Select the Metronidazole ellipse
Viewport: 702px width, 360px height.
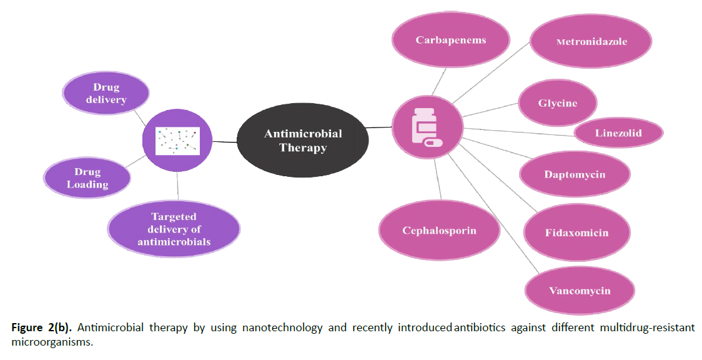(x=591, y=42)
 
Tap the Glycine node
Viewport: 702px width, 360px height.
(x=557, y=102)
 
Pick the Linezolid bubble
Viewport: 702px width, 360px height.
(x=618, y=132)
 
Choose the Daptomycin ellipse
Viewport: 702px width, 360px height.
(x=574, y=174)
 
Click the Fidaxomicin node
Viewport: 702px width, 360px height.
(x=576, y=232)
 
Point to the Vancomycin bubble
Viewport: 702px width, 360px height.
(x=579, y=291)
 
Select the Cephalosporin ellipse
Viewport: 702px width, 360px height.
(x=439, y=231)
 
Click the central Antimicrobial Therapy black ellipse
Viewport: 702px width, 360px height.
(x=303, y=140)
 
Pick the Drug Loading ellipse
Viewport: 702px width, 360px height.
(x=87, y=178)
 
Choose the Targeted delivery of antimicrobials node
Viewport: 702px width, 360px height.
(x=174, y=229)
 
